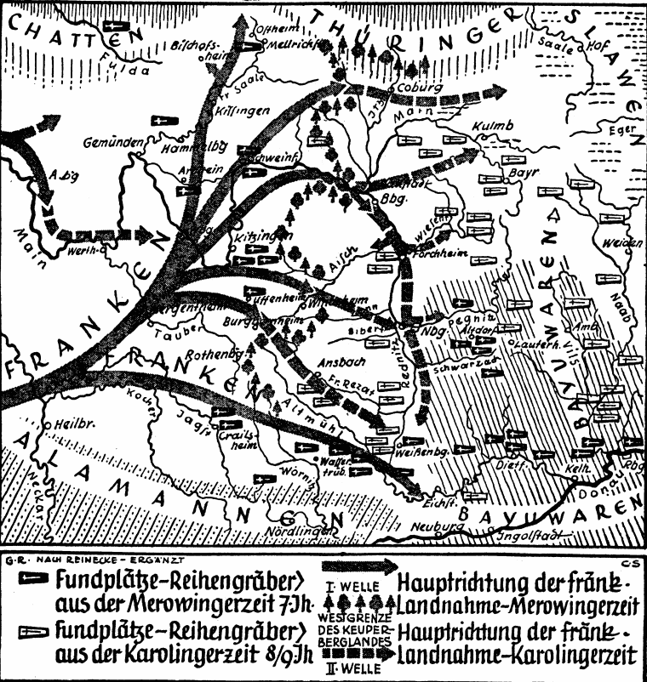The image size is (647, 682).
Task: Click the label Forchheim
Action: point(435,252)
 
